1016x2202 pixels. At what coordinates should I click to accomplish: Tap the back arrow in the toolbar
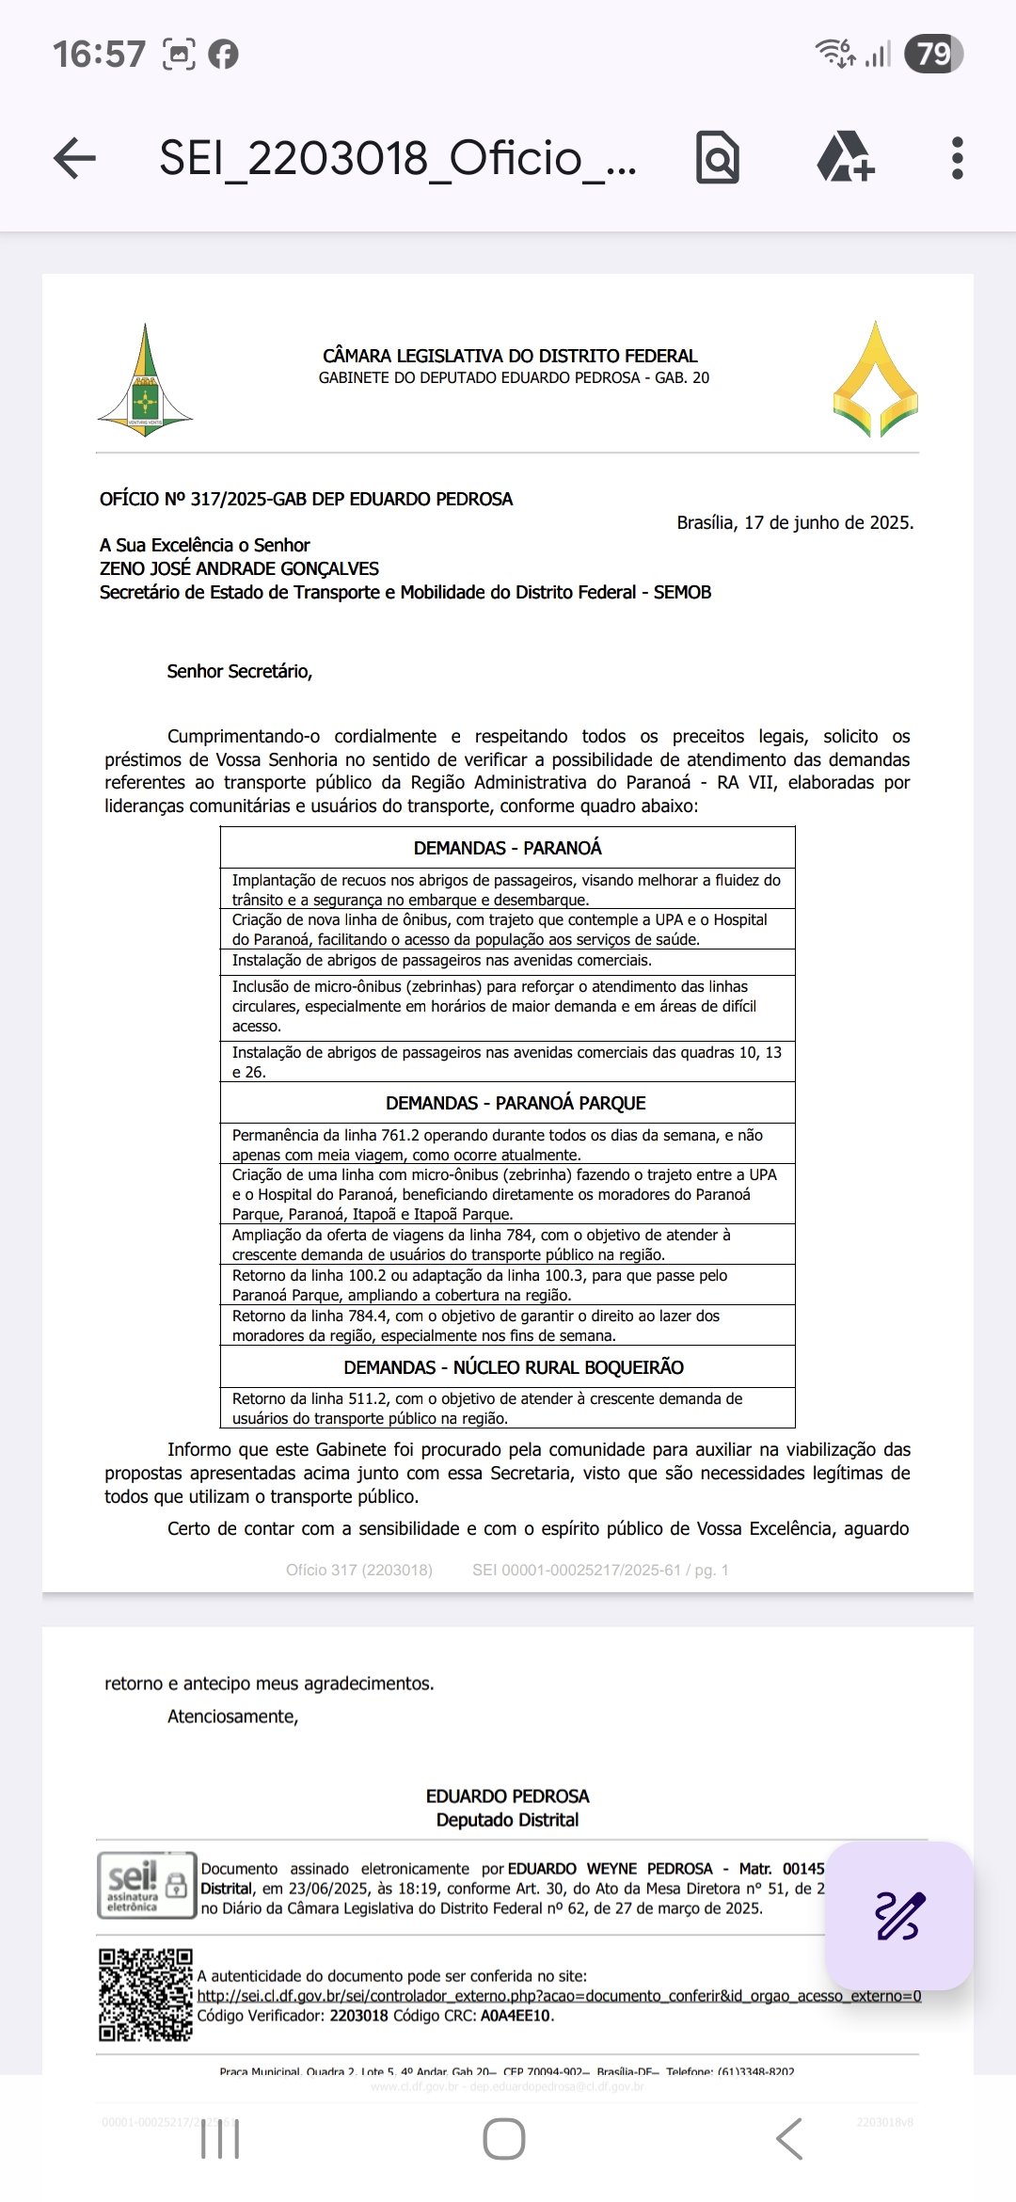tap(75, 158)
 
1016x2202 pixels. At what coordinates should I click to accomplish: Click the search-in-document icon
tap(718, 158)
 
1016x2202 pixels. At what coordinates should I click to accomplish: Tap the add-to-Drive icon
tap(846, 157)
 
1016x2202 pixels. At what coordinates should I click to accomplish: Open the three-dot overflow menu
tap(957, 158)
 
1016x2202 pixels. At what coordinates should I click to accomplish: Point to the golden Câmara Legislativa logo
tap(875, 380)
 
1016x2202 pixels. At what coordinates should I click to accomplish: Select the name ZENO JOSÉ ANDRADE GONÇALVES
tap(239, 568)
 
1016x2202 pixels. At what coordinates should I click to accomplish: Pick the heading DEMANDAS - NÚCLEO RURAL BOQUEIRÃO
tap(513, 1367)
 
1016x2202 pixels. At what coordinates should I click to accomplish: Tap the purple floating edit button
tap(898, 1916)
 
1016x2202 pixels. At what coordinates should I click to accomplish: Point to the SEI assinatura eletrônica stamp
tap(146, 1885)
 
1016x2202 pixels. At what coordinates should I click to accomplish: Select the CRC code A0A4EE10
tap(516, 2016)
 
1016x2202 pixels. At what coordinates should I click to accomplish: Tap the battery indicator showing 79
tap(933, 55)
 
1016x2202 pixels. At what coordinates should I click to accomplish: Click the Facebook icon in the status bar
tap(223, 55)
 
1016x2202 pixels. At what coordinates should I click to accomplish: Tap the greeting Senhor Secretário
tap(239, 672)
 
